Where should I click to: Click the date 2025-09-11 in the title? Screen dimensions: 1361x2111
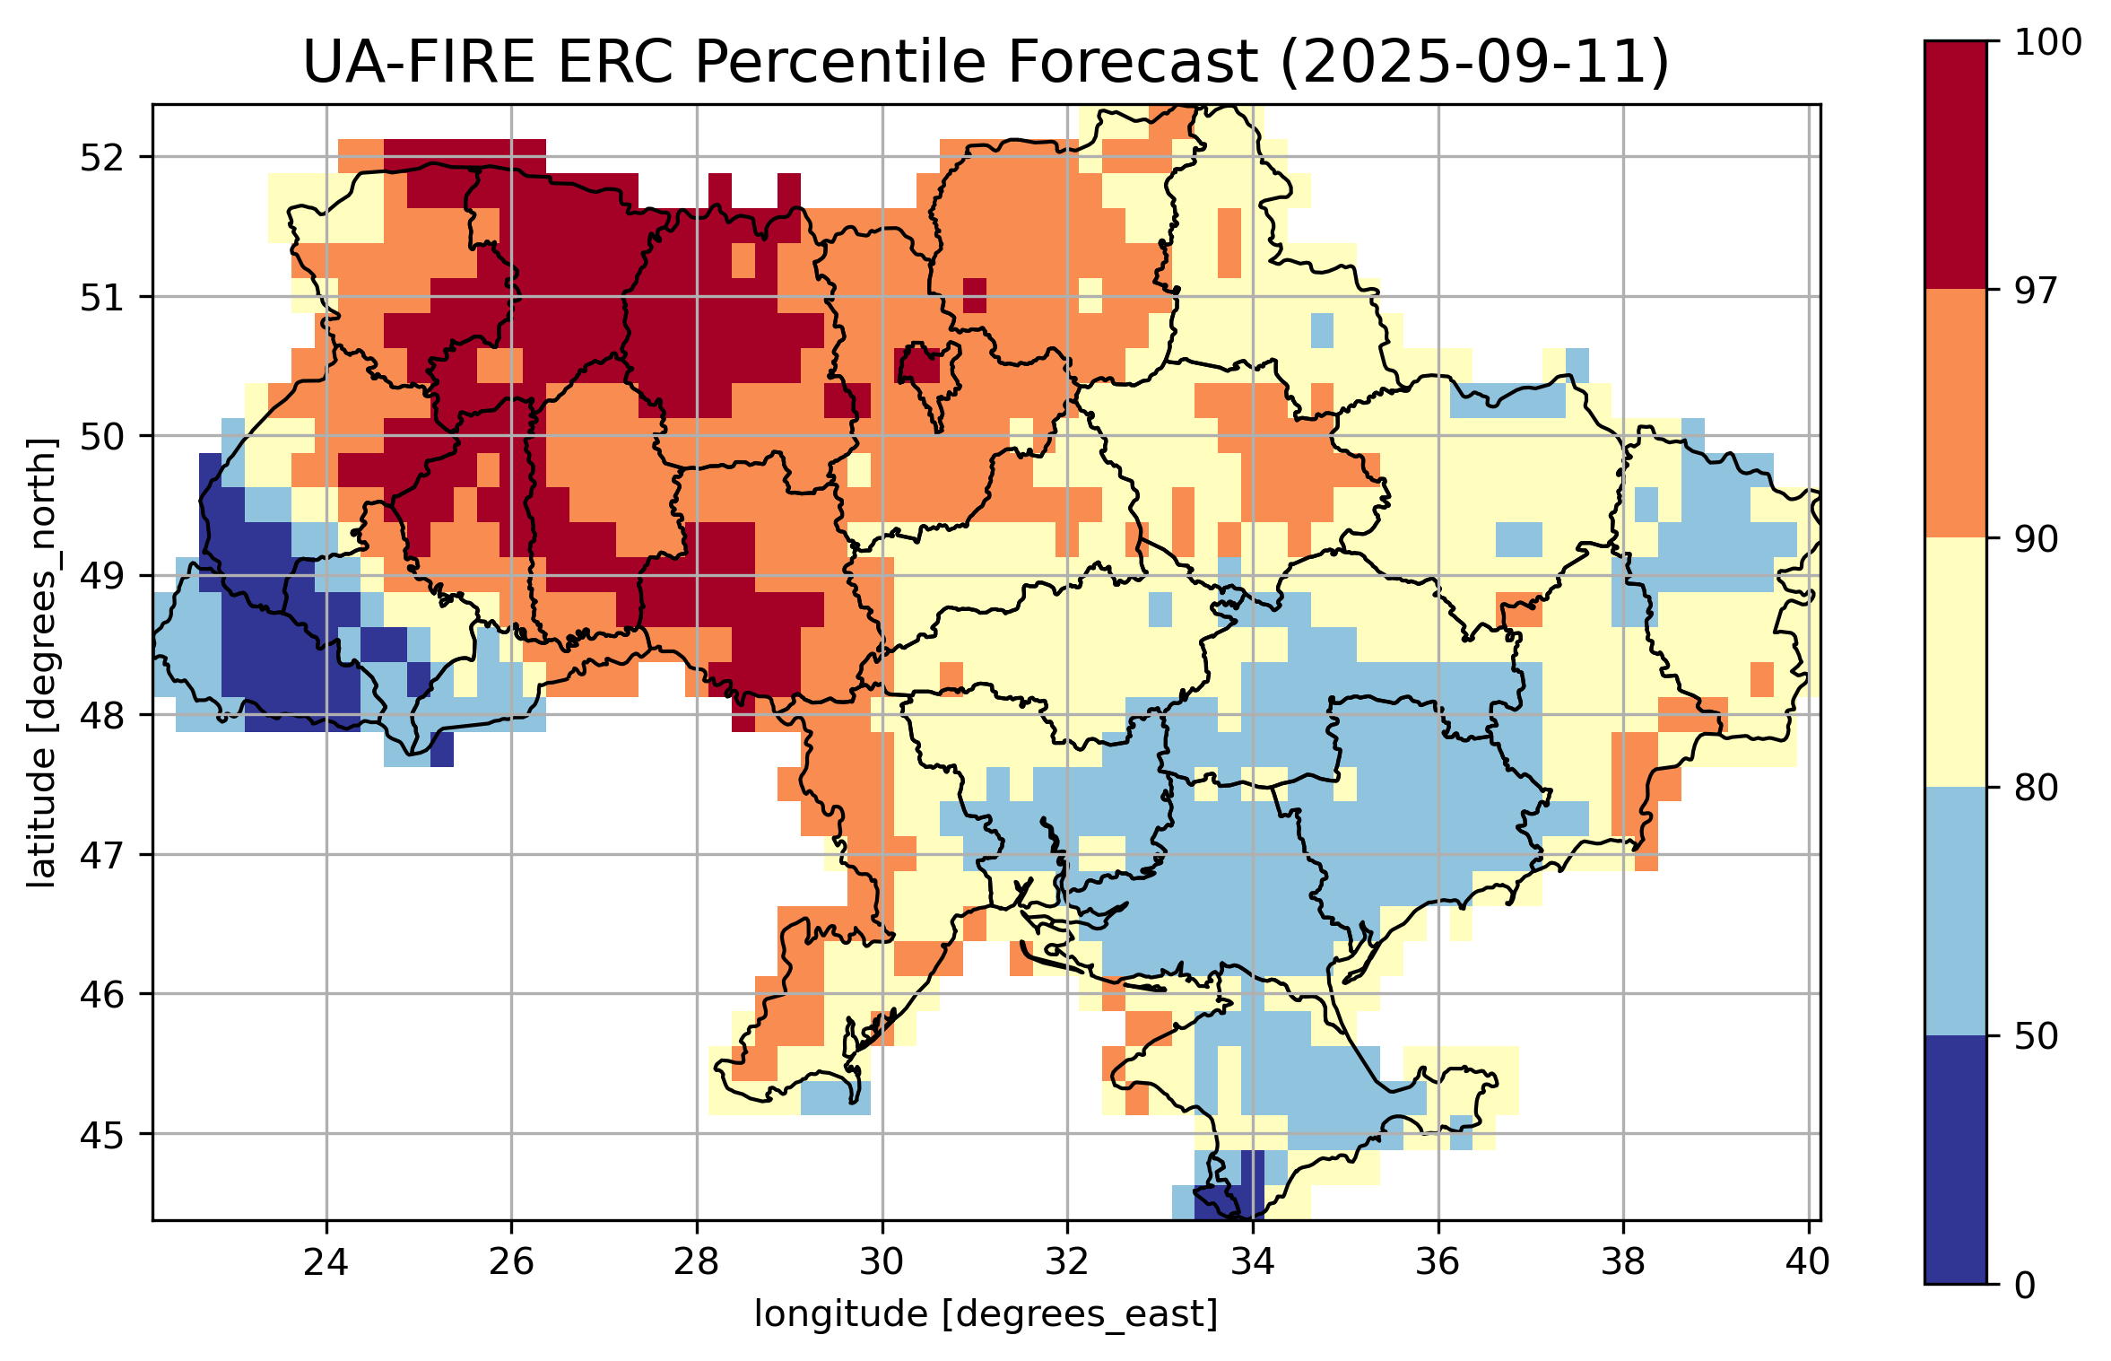point(1474,63)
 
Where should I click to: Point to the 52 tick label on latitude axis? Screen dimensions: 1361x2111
point(101,158)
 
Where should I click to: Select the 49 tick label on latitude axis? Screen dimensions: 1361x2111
point(101,576)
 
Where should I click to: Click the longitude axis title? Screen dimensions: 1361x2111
point(986,1314)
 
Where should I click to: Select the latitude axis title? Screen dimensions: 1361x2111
point(41,663)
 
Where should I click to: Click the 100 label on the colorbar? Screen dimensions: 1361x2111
point(2048,43)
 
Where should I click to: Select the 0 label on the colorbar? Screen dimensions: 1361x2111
point(2025,1286)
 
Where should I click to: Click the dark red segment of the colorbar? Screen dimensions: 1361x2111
point(1956,165)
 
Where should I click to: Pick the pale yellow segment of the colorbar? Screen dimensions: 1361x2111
point(1956,662)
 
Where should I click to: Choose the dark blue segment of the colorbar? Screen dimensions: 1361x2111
point(1956,1159)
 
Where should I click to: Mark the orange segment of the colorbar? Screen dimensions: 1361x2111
point(1956,414)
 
